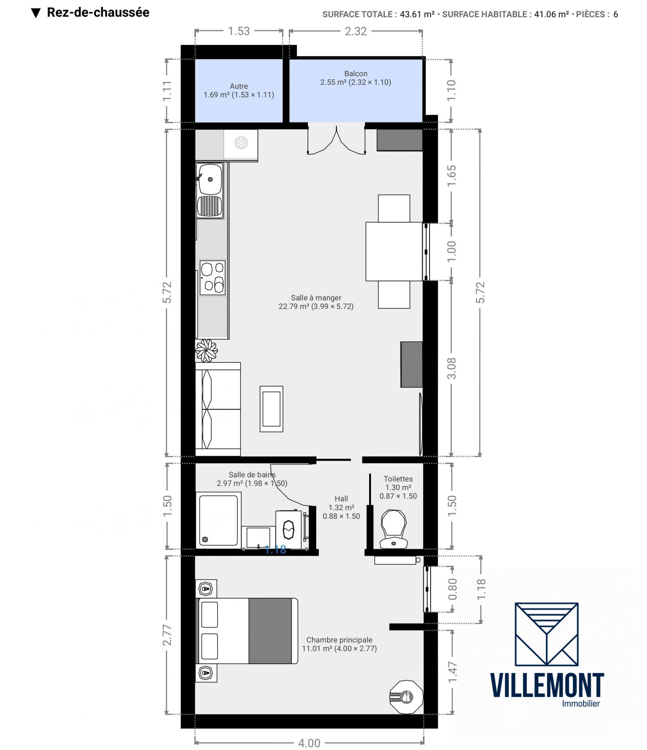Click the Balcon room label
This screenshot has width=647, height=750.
[x=356, y=74]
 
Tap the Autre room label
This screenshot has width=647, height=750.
[x=239, y=86]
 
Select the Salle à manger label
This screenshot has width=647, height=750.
[x=316, y=298]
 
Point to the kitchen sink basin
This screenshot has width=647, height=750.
[x=210, y=179]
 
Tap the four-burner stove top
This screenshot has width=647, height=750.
[x=212, y=278]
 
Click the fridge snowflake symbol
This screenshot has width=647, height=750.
[x=241, y=143]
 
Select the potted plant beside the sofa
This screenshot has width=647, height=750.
[x=206, y=350]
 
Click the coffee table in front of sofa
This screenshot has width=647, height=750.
[x=272, y=409]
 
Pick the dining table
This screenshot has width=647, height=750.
[x=394, y=251]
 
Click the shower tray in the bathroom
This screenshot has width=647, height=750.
[x=219, y=520]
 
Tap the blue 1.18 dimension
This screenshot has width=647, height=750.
[x=275, y=550]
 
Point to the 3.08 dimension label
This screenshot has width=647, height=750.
[x=452, y=368]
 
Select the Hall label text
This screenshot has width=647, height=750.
[x=341, y=499]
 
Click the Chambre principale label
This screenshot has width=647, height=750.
[x=339, y=640]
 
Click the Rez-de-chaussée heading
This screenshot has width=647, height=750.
[x=98, y=12]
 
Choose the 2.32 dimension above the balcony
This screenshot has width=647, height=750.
[x=356, y=31]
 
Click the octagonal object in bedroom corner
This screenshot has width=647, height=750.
[x=406, y=697]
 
